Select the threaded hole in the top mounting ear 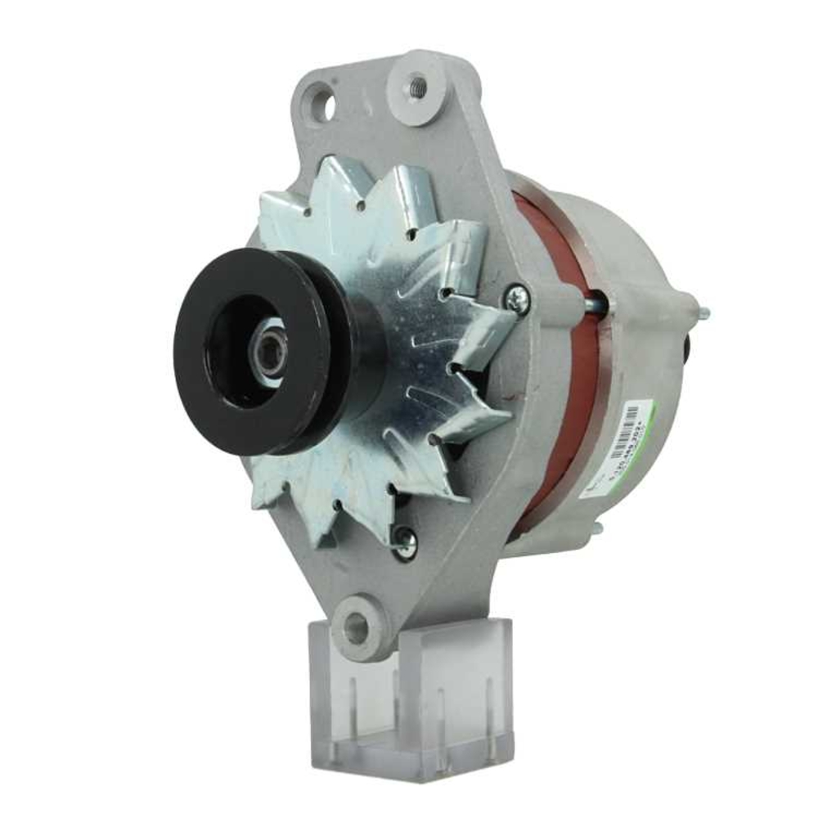pos(418,83)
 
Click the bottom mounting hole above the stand pos(356,628)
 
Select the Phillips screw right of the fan pos(516,300)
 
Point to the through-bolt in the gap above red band pos(598,304)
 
